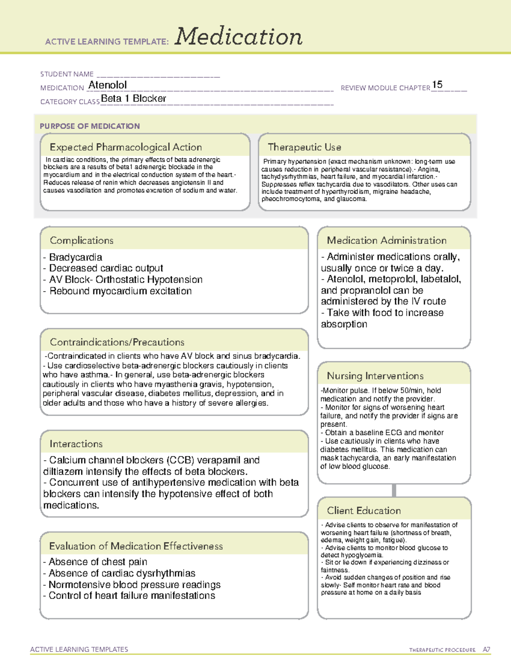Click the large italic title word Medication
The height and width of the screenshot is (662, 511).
[238, 37]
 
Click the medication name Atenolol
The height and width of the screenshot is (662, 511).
[108, 85]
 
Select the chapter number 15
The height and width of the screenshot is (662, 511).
[437, 85]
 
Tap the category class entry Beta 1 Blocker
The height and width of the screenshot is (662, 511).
[134, 98]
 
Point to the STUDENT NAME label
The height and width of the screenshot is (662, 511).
[67, 74]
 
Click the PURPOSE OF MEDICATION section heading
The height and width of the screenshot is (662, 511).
[90, 126]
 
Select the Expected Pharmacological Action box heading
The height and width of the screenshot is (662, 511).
[126, 147]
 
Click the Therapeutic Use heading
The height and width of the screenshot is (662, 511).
[304, 147]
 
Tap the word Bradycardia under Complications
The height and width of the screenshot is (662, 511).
[76, 257]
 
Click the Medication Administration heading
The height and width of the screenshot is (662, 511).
[387, 241]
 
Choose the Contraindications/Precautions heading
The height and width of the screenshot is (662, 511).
[117, 342]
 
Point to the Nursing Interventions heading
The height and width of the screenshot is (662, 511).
[375, 376]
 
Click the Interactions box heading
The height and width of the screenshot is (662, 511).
[76, 444]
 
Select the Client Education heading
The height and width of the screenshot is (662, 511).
[364, 511]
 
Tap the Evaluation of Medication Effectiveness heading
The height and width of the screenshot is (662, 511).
[136, 546]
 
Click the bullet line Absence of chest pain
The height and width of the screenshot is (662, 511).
[98, 562]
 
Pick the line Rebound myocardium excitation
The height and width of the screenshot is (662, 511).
[121, 291]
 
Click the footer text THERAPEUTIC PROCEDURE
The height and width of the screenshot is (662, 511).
[442, 650]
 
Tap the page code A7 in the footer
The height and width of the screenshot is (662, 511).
[486, 650]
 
